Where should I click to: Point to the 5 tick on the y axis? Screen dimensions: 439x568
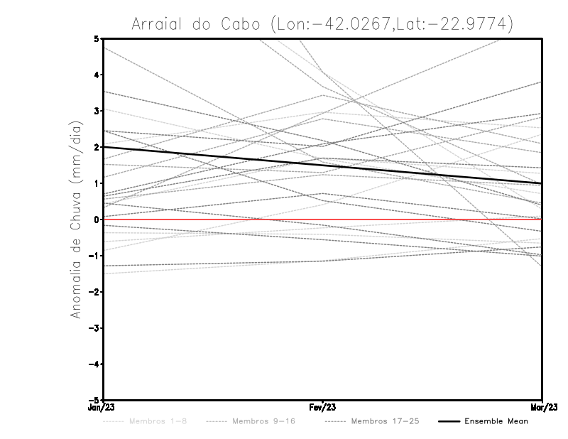pyautogui.click(x=98, y=38)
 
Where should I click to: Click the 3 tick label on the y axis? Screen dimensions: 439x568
pyautogui.click(x=98, y=111)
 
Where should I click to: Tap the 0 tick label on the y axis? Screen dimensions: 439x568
pyautogui.click(x=98, y=220)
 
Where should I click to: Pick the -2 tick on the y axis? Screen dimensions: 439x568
pyautogui.click(x=97, y=292)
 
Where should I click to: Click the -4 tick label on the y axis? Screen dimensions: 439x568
pyautogui.click(x=97, y=364)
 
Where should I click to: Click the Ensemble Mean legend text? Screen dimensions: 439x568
pyautogui.click(x=496, y=422)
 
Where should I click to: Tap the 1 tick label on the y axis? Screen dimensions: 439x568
pyautogui.click(x=98, y=183)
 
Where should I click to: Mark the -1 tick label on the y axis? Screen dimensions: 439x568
pyautogui.click(x=97, y=256)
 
